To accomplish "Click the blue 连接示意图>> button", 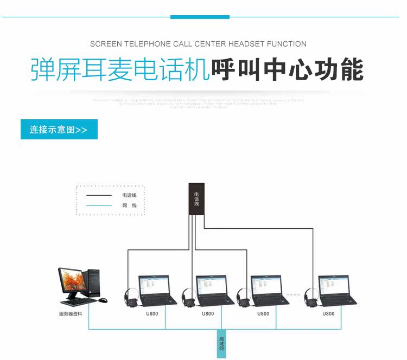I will [x=59, y=130].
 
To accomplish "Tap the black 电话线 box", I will [x=196, y=199].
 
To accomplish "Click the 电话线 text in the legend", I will [x=129, y=195].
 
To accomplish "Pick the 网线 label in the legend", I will [x=129, y=205].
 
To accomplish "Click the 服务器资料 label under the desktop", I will [x=71, y=314].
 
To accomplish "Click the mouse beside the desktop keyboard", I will [x=103, y=300].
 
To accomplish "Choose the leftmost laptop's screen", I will [x=154, y=287].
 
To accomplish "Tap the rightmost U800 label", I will [x=328, y=314].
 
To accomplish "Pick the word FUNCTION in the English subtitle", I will [x=287, y=44].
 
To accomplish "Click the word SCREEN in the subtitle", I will [x=106, y=44].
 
